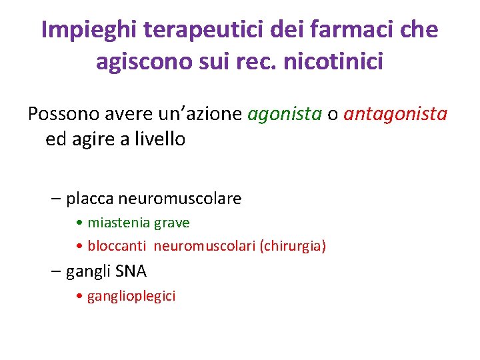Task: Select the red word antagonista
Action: pyautogui.click(x=395, y=114)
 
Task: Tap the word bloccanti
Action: pyautogui.click(x=117, y=246)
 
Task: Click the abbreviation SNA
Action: pyautogui.click(x=131, y=271)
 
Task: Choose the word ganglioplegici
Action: pyautogui.click(x=131, y=296)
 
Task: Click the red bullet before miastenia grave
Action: pyautogui.click(x=80, y=223)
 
